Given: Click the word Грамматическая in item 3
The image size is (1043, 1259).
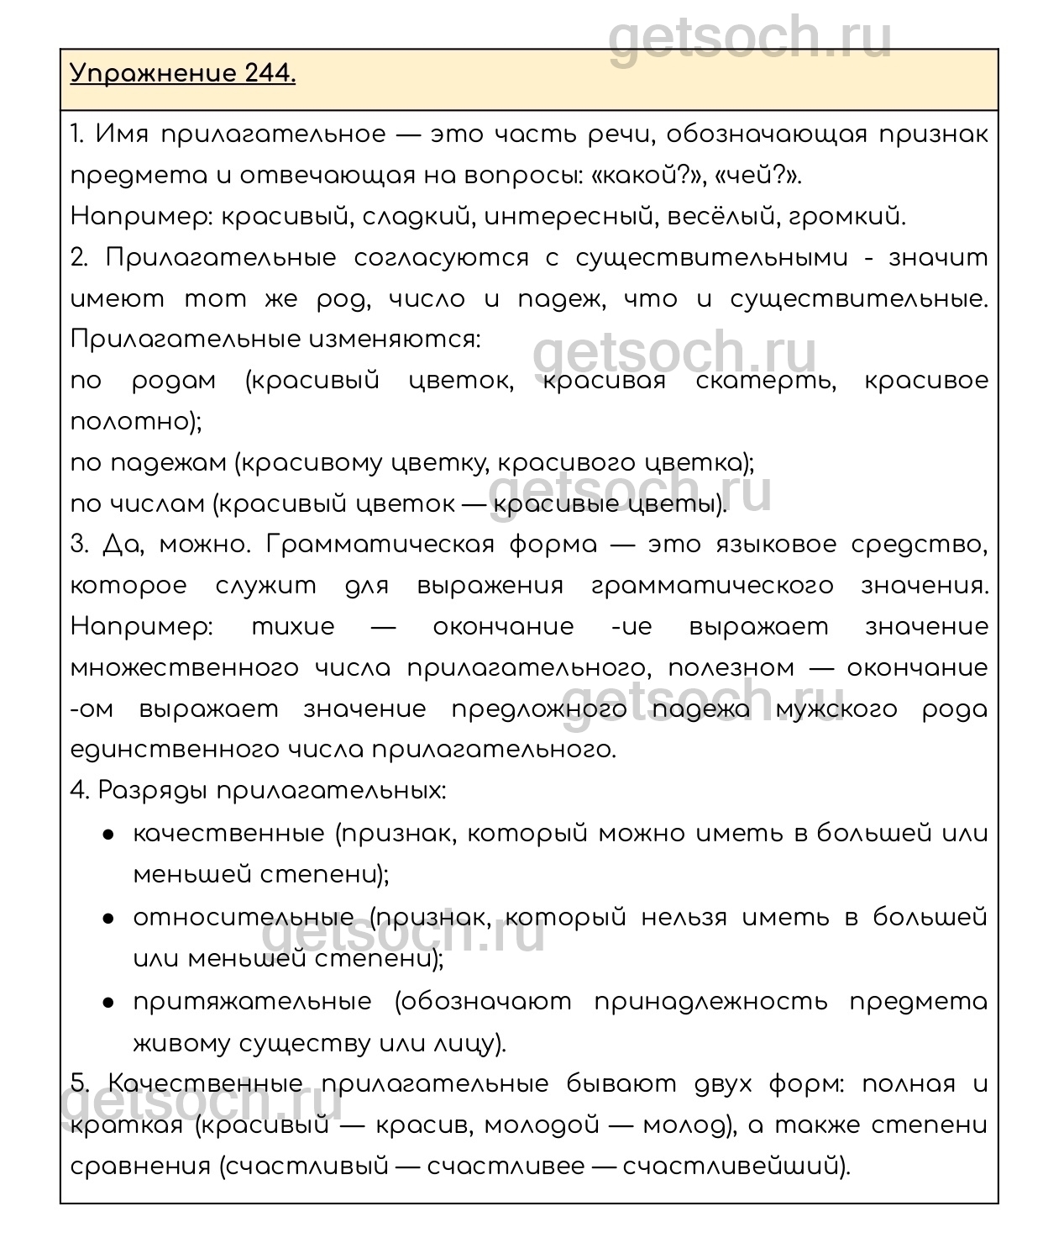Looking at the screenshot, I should coord(380,545).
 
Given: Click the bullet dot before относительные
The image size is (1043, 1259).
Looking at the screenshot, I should coord(108,919).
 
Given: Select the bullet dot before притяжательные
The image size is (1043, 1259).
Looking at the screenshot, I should coord(108,1003).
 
